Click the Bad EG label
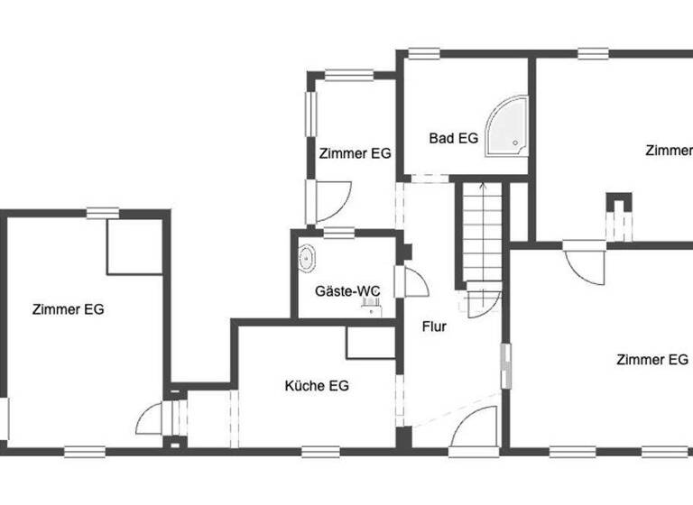point(453,138)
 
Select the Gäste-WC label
point(347,291)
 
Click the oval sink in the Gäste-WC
point(308,258)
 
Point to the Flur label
point(434,326)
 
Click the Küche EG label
point(317,386)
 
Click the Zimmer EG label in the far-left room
point(68,309)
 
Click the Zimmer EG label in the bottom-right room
point(651,360)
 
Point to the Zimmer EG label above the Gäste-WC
point(355,153)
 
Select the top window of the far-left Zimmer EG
point(103,213)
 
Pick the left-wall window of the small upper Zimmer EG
point(310,113)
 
